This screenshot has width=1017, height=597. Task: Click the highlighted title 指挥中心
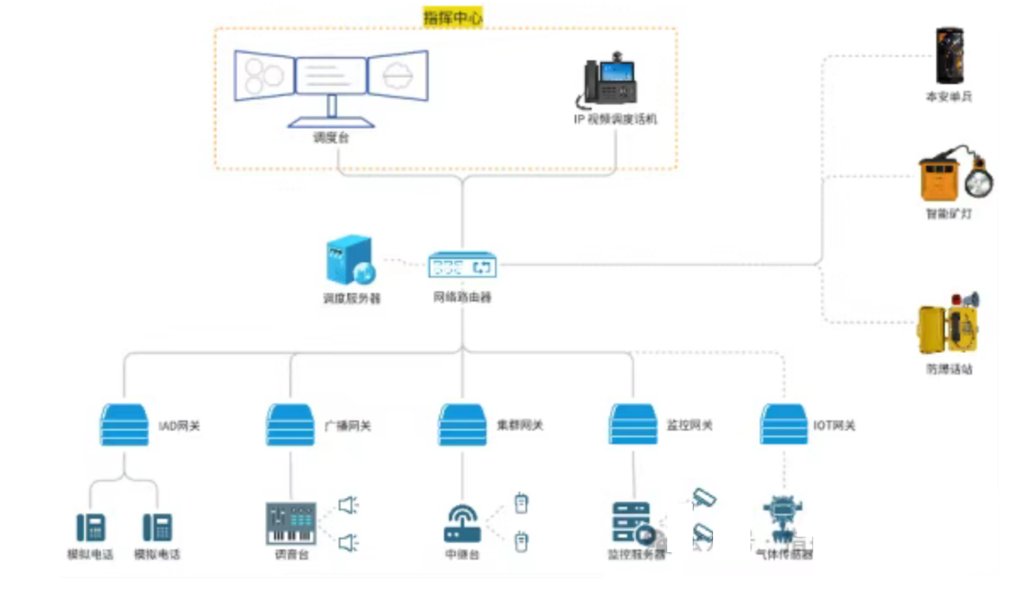coord(452,17)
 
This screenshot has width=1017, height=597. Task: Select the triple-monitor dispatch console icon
coord(331,81)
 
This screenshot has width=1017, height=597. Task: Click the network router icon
coord(463,266)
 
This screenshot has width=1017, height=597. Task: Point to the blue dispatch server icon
coord(349,261)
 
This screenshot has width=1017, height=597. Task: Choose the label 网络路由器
coord(463,297)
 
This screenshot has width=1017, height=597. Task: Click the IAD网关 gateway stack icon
coord(124,425)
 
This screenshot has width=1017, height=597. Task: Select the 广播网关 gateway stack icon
coord(290,425)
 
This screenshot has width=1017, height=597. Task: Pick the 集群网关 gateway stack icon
coord(463,425)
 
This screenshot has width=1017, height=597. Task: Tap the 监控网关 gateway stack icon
coord(633,425)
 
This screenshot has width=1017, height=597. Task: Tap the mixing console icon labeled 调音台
coord(290,523)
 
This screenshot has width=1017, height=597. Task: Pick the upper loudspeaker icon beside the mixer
coord(348,505)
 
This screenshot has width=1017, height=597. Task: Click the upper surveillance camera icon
coord(704,498)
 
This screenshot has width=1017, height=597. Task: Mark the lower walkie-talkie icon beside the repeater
coord(521,541)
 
